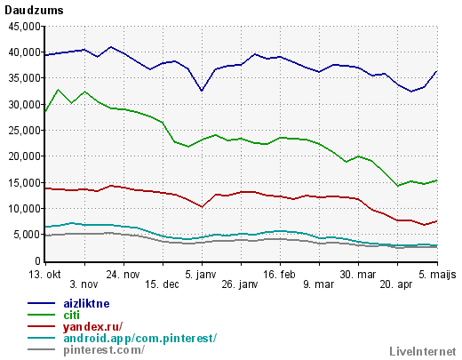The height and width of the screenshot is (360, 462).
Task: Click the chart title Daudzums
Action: coord(34,11)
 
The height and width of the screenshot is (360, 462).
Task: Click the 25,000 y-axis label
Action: coord(24,131)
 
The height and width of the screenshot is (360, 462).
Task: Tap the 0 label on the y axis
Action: coord(37,261)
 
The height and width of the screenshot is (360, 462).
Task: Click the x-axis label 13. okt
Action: coord(44,275)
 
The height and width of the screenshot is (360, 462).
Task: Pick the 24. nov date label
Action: coord(123,275)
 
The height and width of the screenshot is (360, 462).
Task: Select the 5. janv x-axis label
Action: coord(201,275)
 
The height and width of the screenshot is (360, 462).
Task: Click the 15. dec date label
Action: coord(162,284)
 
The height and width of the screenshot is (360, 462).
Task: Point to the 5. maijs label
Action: coord(437,275)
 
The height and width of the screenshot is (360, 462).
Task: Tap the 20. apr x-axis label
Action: coord(396,284)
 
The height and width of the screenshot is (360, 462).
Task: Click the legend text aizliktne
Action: coord(86,304)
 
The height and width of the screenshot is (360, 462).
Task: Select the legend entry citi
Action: coord(72,316)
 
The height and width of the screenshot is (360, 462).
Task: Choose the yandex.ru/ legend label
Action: coord(92,327)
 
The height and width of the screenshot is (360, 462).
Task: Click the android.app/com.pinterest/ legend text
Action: coord(140,339)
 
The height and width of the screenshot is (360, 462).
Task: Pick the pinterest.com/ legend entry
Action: coord(104,350)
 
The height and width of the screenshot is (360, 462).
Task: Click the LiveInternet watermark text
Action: coord(423,351)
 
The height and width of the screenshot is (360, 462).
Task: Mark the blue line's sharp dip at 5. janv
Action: coord(202,91)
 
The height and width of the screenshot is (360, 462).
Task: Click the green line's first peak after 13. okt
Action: coord(58,90)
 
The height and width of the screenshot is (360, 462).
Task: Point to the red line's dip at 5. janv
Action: coord(202,207)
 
